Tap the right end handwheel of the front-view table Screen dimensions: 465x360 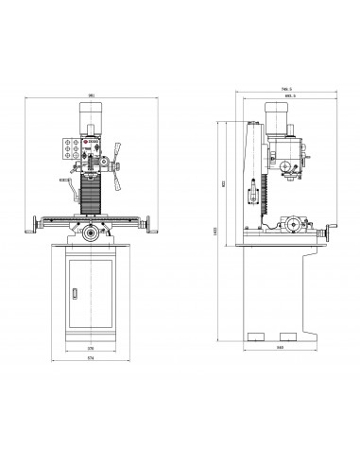pyautogui.click(x=146, y=223)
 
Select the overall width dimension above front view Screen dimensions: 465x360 pyautogui.click(x=91, y=95)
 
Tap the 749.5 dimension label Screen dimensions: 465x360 pyautogui.click(x=284, y=91)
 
